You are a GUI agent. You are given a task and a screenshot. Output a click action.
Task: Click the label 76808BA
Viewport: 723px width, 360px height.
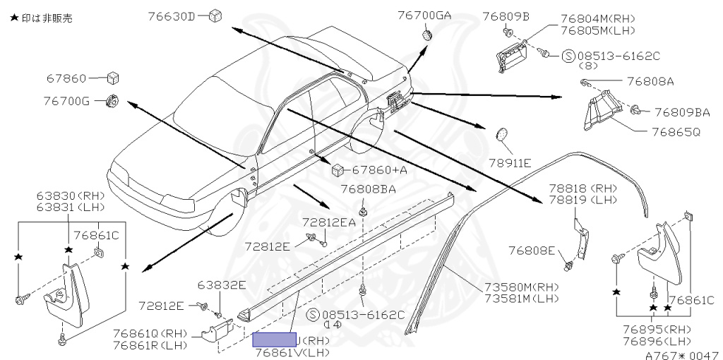(368, 189)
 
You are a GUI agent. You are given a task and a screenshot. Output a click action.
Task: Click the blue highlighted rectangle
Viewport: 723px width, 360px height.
(275, 340)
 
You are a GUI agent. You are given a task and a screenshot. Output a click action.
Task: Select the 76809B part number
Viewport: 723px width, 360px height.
(506, 15)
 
